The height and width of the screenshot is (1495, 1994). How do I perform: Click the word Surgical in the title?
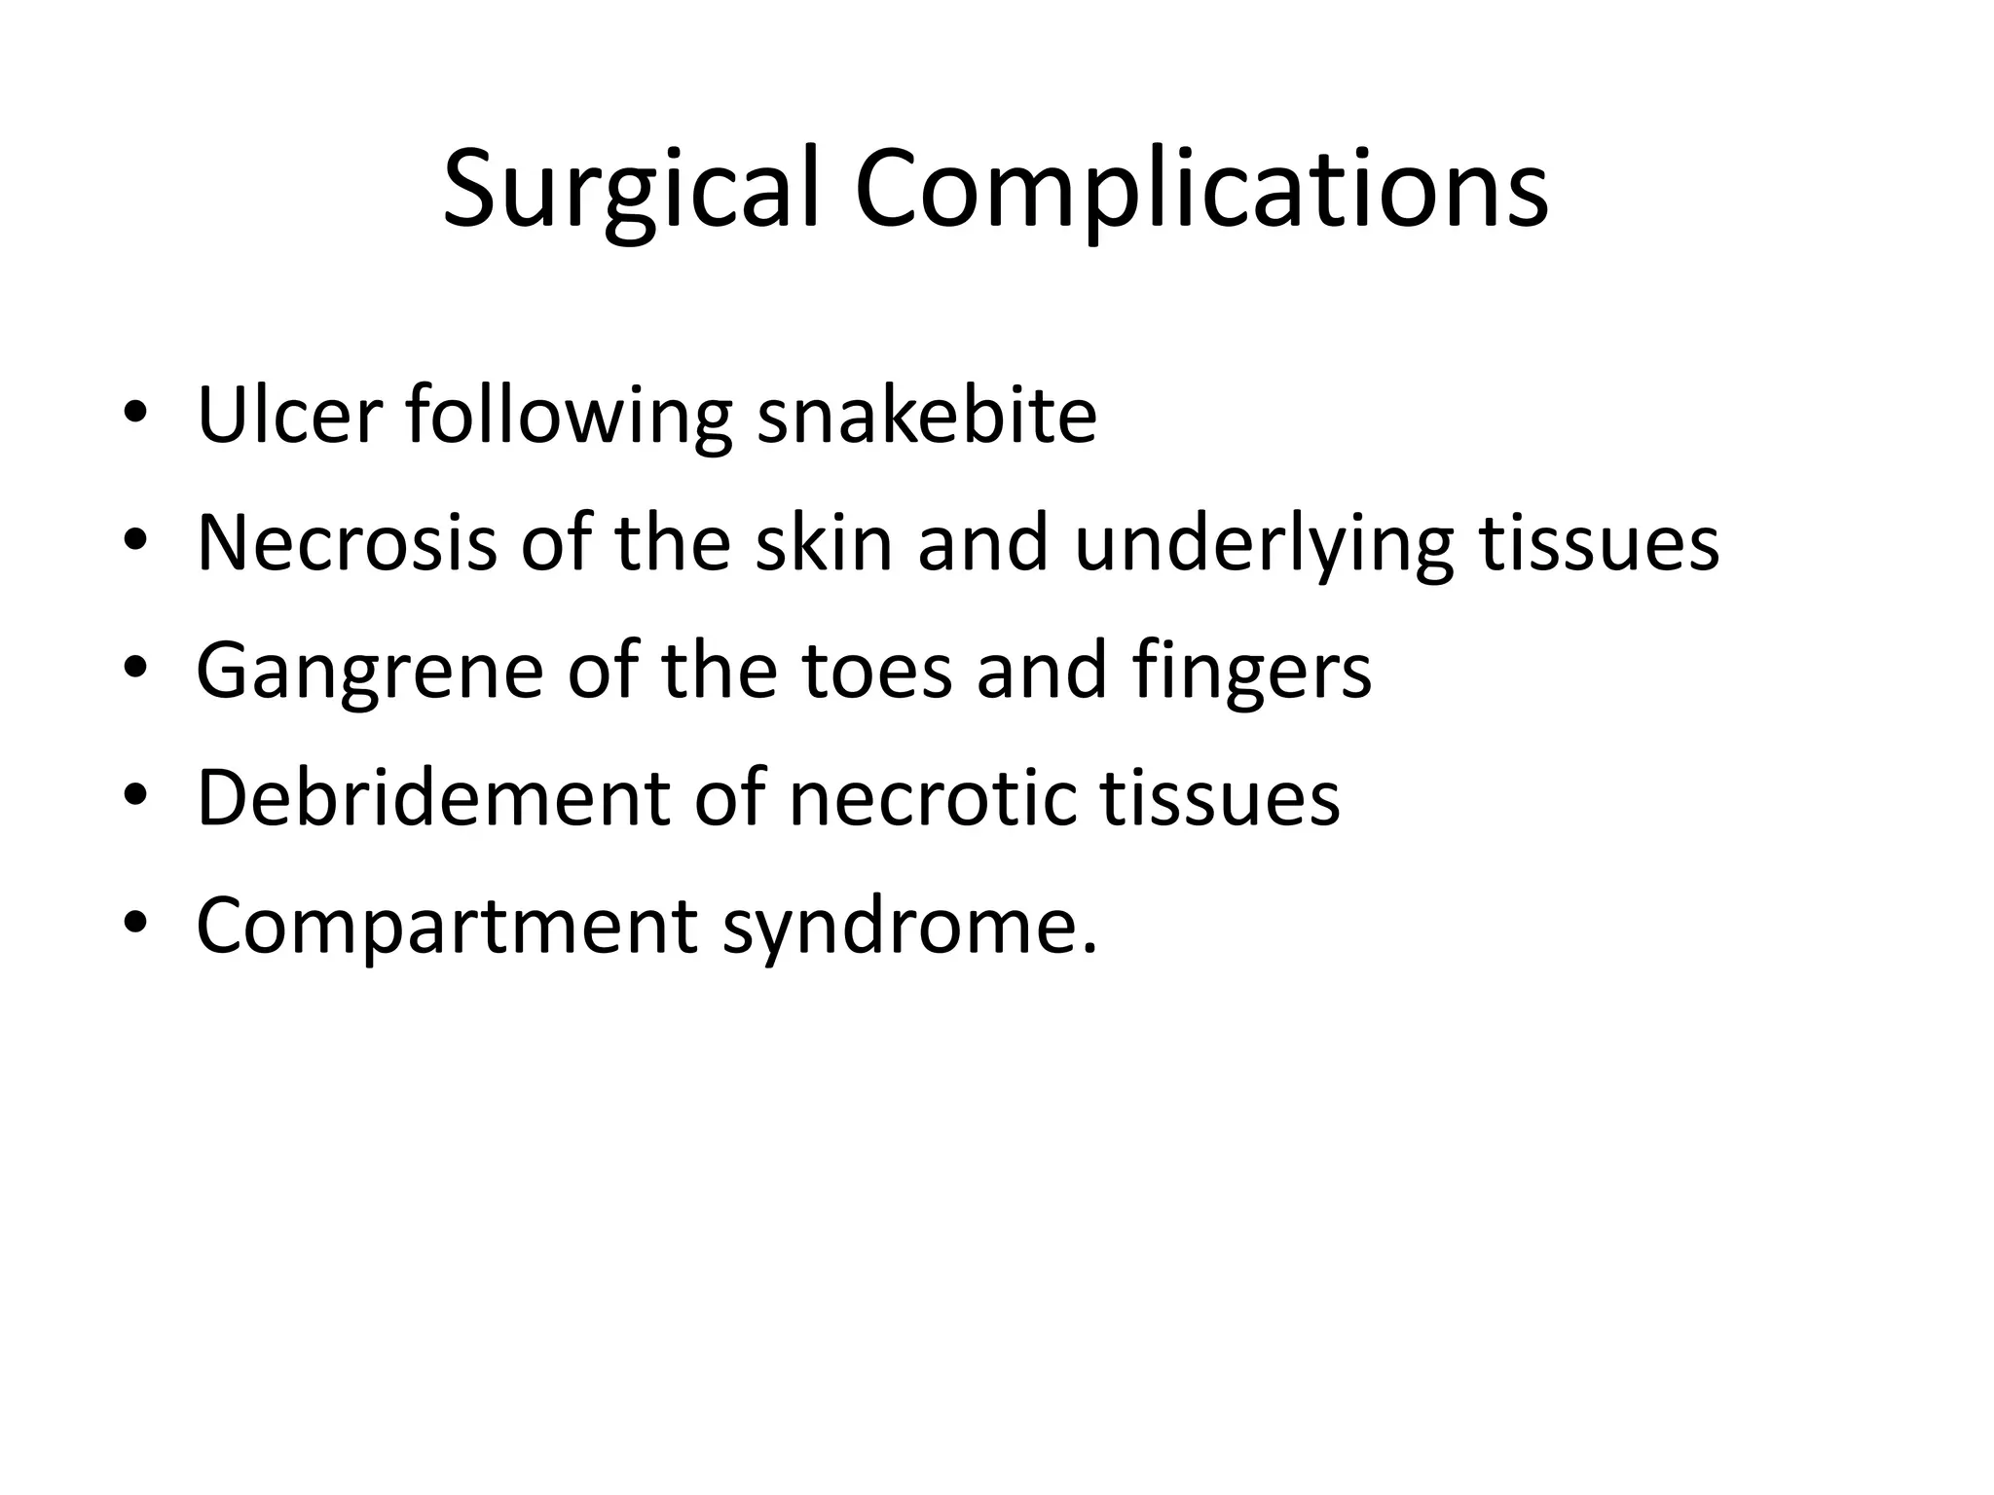[x=632, y=190]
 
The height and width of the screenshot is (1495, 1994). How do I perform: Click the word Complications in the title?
[x=1201, y=190]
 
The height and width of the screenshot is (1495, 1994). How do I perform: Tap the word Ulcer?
[x=289, y=417]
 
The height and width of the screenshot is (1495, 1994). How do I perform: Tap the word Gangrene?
[x=369, y=672]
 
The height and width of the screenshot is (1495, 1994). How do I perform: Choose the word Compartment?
[x=446, y=927]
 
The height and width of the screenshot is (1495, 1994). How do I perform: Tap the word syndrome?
[x=909, y=927]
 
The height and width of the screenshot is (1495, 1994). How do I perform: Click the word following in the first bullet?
[x=569, y=417]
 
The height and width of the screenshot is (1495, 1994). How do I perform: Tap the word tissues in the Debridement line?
[x=1220, y=799]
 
